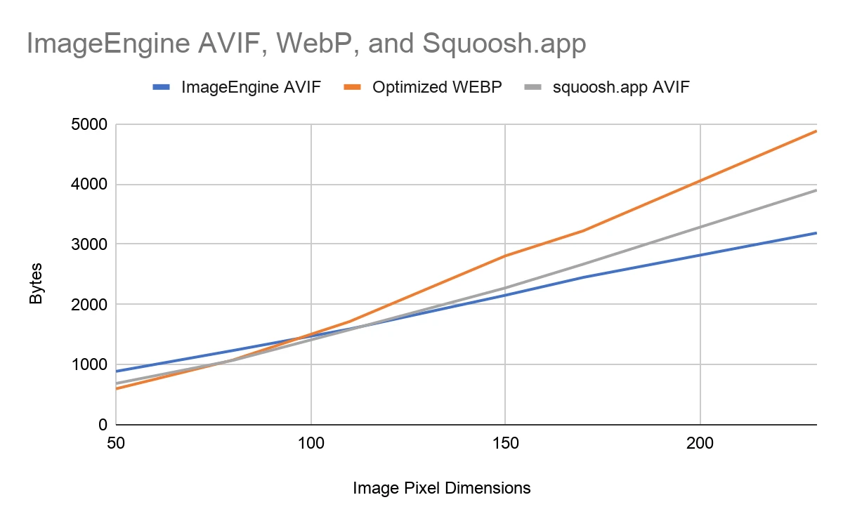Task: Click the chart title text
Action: [306, 44]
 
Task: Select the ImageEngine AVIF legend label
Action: [251, 88]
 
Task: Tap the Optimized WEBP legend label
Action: [438, 88]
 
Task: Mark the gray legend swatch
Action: [534, 88]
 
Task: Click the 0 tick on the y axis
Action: [103, 425]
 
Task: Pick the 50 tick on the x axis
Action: [116, 444]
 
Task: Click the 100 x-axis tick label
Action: [311, 444]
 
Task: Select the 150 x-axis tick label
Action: [505, 444]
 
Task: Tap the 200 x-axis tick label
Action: [700, 444]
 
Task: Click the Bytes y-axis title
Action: [36, 284]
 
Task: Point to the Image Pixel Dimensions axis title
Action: [442, 487]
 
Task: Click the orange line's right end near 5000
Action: [815, 131]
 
